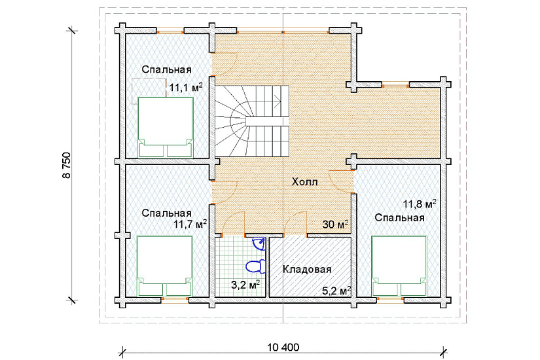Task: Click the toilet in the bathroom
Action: pos(255,266)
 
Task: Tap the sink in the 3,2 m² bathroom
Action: pos(259,243)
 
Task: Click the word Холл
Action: pos(305,182)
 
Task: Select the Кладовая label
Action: pos(307,269)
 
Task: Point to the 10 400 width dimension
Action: pos(283,348)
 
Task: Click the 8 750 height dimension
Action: pos(66,165)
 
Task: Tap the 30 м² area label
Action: pos(335,225)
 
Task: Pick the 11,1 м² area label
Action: pos(186,88)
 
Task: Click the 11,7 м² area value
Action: pos(190,225)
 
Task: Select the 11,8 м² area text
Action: pos(420,204)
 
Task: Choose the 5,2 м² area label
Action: pos(336,291)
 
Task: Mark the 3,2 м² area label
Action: pos(245,285)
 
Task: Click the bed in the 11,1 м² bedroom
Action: pos(166,127)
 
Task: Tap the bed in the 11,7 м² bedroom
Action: pos(164,266)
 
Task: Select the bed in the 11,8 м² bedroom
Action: pos(399,266)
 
